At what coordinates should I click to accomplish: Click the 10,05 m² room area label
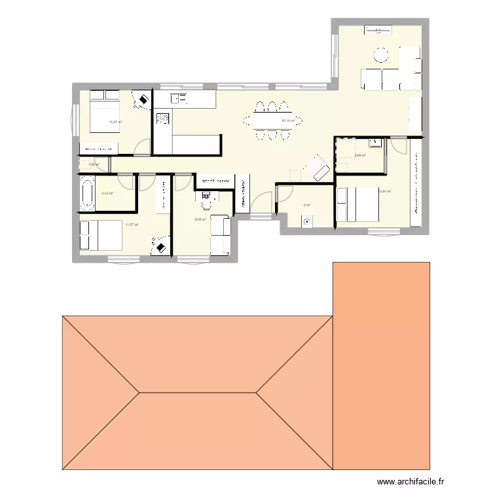coord(115,122)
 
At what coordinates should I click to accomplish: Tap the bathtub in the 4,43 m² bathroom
coord(86,192)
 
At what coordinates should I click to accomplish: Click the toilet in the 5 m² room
coord(306,222)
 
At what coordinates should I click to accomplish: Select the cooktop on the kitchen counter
coord(162,120)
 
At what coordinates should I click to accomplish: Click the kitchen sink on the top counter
coord(179,99)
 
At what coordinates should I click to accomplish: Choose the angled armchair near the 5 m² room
coord(319,168)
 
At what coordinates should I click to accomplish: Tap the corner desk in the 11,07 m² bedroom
coord(160,246)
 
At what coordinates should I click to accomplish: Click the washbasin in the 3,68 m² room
coord(373,142)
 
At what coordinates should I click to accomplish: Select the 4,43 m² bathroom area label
coord(107,193)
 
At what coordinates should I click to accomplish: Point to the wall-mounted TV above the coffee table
coord(379,29)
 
